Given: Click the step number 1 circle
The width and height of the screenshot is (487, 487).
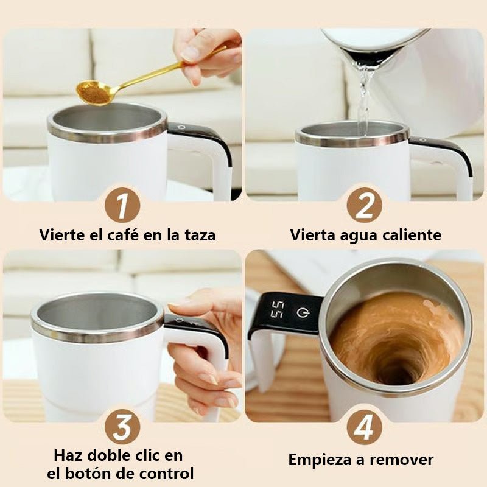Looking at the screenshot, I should tap(122, 206).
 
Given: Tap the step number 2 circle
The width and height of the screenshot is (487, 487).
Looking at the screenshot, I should tap(364, 206).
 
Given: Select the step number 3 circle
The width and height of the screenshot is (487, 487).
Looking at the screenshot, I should tap(122, 427).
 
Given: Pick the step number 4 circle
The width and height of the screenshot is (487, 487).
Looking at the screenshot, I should tap(364, 427).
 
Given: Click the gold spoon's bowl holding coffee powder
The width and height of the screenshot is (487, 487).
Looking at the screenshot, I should tap(93, 92).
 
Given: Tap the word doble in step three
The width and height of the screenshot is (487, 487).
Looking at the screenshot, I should tap(112, 455).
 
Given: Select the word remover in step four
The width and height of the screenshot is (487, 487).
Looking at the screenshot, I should tap(405, 460).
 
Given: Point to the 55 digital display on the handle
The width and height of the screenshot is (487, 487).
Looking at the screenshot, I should tap(277, 309).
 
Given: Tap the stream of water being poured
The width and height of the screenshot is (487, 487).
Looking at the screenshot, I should tap(364, 97).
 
